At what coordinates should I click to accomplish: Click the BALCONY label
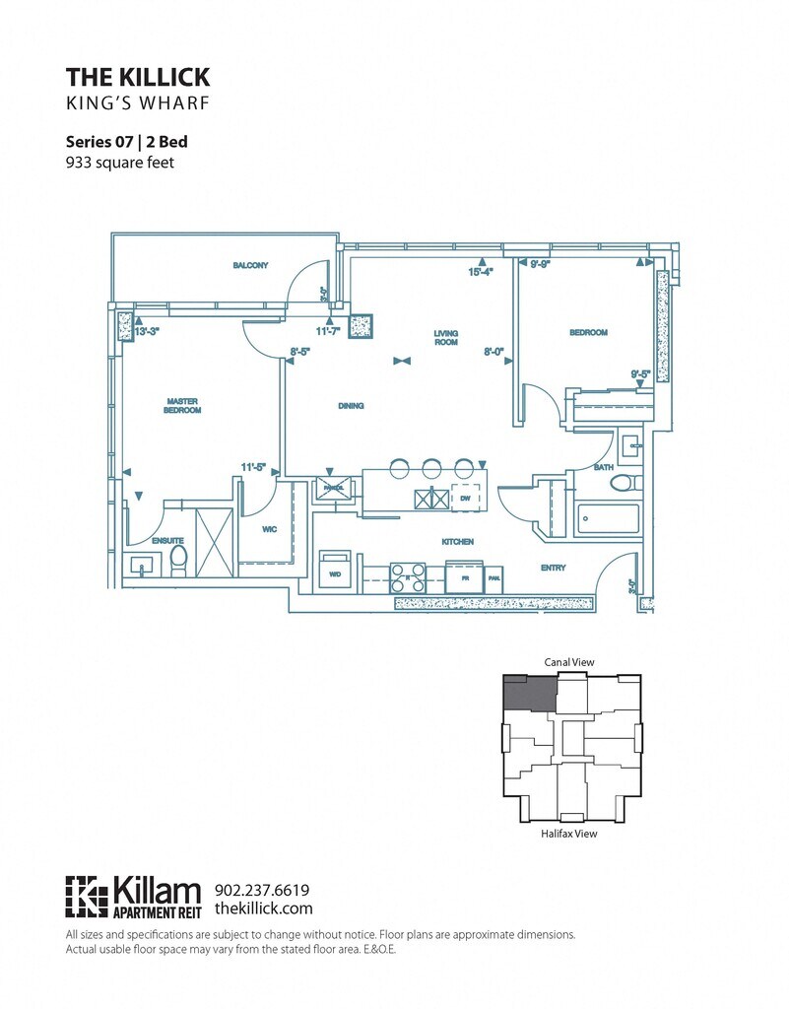pyautogui.click(x=251, y=265)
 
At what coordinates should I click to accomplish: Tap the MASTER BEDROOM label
pyautogui.click(x=183, y=405)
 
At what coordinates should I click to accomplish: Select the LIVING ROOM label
pyautogui.click(x=447, y=338)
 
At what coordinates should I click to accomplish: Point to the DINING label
pyautogui.click(x=350, y=405)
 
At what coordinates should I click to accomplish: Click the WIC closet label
pyautogui.click(x=269, y=529)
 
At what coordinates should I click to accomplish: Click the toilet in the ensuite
pyautogui.click(x=179, y=561)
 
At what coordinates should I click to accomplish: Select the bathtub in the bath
pyautogui.click(x=608, y=517)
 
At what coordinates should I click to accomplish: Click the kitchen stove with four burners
pyautogui.click(x=408, y=576)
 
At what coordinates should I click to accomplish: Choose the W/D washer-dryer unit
pyautogui.click(x=333, y=572)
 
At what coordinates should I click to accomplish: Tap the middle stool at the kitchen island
pyautogui.click(x=431, y=468)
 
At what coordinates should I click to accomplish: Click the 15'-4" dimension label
pyautogui.click(x=480, y=272)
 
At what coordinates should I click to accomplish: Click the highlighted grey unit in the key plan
pyautogui.click(x=527, y=696)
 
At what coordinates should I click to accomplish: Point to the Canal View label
pyautogui.click(x=570, y=662)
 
